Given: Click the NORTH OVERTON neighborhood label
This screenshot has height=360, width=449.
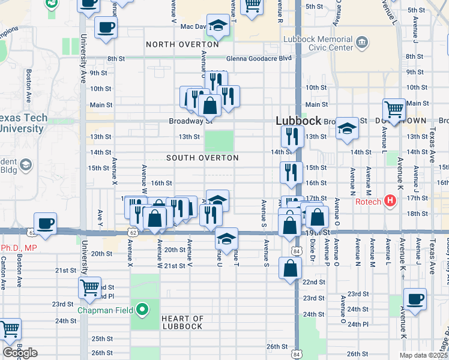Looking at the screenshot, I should coord(182,44).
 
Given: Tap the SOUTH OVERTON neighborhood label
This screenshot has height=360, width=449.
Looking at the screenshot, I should coord(202,158).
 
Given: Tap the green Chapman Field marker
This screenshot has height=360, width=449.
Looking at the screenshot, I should coord(142,310).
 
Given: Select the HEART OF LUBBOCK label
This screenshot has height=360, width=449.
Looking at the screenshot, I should coord(182,322).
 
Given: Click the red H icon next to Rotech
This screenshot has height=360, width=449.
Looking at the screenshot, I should coord(390,200).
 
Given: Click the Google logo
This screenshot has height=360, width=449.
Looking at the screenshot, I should coord(20,353).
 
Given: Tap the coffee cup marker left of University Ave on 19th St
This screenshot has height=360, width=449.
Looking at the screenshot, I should coord(46,224).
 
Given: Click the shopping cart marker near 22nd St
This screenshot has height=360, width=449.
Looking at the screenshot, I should coord(89,288).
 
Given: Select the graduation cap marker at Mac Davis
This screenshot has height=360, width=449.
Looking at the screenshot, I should coord(218,25).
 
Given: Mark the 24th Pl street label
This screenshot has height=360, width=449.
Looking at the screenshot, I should coord(357,324).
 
